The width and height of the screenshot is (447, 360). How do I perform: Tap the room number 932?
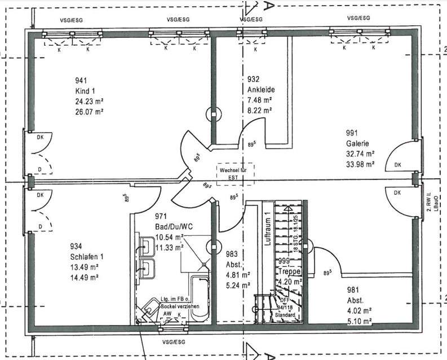pyautogui.click(x=253, y=80)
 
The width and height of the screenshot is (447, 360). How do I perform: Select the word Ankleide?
pyautogui.click(x=259, y=90)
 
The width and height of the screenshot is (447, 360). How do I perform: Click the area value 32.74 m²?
pyautogui.click(x=361, y=153)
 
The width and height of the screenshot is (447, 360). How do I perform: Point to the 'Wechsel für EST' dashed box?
pyautogui.click(x=236, y=172)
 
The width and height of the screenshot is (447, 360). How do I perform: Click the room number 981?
pyautogui.click(x=353, y=290)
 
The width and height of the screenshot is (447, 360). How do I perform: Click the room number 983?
pyautogui.click(x=231, y=254)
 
